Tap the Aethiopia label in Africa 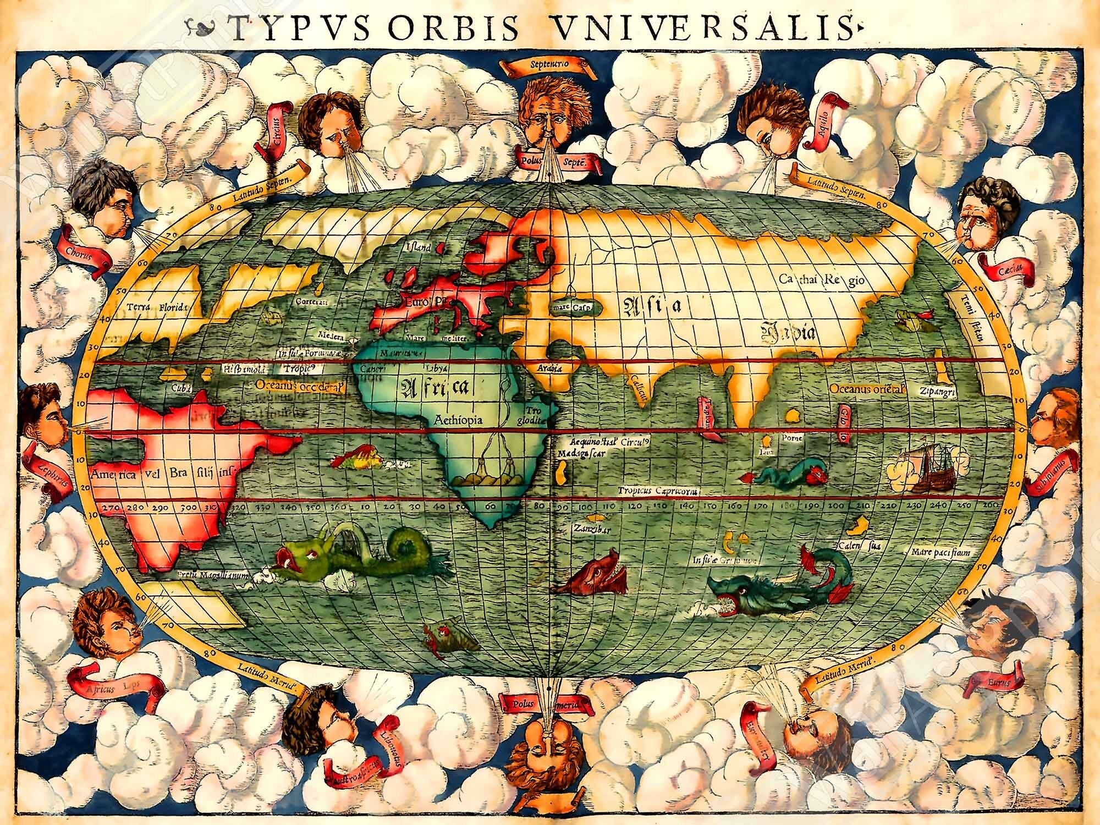[x=458, y=419]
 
